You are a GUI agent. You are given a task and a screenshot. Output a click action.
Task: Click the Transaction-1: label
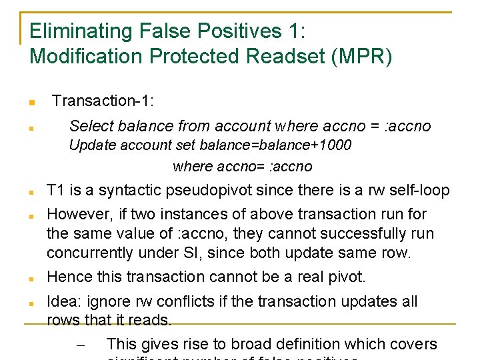tap(103, 101)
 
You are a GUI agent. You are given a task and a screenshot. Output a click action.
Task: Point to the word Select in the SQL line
tap(90, 126)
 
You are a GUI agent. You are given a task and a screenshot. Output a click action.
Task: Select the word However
tap(75, 214)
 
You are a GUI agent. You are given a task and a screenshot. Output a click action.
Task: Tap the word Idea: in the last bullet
tap(65, 301)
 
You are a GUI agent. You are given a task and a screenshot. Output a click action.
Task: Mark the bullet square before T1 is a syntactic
tap(31, 193)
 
